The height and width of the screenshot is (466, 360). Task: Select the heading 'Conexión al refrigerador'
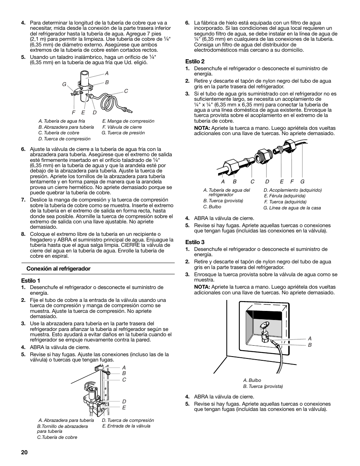[58, 269]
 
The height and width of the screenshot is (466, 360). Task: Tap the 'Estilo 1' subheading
[31, 280]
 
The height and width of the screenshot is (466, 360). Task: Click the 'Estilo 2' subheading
[195, 61]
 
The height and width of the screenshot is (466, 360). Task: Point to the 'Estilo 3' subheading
[195, 242]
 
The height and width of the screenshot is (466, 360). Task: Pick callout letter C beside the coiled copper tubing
[126, 91]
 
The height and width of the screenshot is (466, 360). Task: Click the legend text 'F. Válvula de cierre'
[122, 127]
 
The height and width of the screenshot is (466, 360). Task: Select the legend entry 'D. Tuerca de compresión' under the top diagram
[64, 138]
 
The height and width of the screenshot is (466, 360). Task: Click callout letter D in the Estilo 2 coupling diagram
[267, 181]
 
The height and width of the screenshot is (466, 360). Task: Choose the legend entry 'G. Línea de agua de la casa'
[292, 208]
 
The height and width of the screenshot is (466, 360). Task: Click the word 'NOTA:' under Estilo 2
[202, 128]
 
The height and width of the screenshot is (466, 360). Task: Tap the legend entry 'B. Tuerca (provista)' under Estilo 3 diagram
[263, 386]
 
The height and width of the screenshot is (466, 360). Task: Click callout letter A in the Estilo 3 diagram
[310, 338]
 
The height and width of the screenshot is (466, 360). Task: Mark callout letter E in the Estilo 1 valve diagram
[124, 408]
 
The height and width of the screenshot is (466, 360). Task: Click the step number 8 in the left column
[23, 234]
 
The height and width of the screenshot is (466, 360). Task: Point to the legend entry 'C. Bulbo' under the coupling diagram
[212, 207]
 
